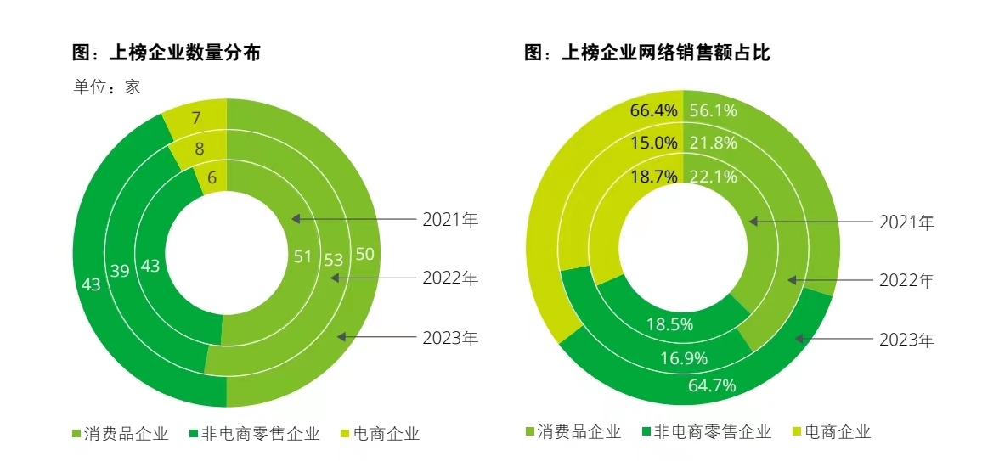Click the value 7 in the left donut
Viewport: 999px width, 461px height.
coord(196,118)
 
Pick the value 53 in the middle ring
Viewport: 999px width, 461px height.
coord(334,260)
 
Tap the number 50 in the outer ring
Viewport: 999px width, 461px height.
coord(365,254)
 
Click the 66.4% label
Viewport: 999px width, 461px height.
coord(653,110)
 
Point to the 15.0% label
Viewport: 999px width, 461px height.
coord(653,143)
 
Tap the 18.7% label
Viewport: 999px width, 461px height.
coord(653,176)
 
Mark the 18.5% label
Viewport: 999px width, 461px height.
coord(669,324)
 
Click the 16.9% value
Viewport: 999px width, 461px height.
coord(684,358)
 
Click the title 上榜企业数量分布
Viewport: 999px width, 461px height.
coord(166,53)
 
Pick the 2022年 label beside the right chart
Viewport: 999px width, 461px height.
coord(906,281)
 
